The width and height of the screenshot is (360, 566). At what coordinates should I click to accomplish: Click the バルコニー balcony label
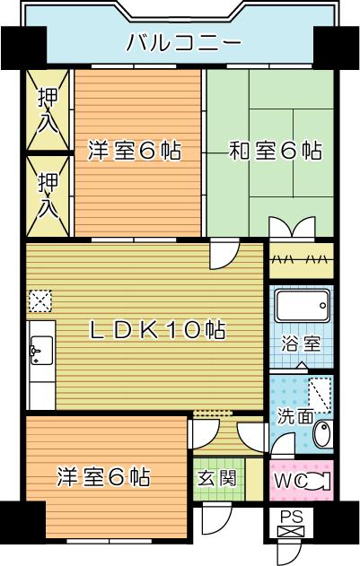click(x=183, y=41)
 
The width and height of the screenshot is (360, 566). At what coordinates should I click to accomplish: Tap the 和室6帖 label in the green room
click(x=276, y=150)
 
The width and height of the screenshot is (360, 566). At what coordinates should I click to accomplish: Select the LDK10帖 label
click(x=158, y=329)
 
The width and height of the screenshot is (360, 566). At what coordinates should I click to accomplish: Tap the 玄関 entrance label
click(x=216, y=478)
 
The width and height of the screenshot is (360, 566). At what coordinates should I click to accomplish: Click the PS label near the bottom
click(x=290, y=517)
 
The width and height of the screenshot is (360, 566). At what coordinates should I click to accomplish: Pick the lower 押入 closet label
click(x=48, y=196)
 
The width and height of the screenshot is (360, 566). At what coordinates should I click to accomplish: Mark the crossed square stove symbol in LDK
click(x=40, y=299)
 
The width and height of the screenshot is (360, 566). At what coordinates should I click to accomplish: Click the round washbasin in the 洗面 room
click(x=322, y=436)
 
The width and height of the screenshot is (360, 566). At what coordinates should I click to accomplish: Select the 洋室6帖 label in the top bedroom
click(x=134, y=150)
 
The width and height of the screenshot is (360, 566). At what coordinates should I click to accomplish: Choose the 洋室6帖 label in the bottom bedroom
click(x=104, y=475)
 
